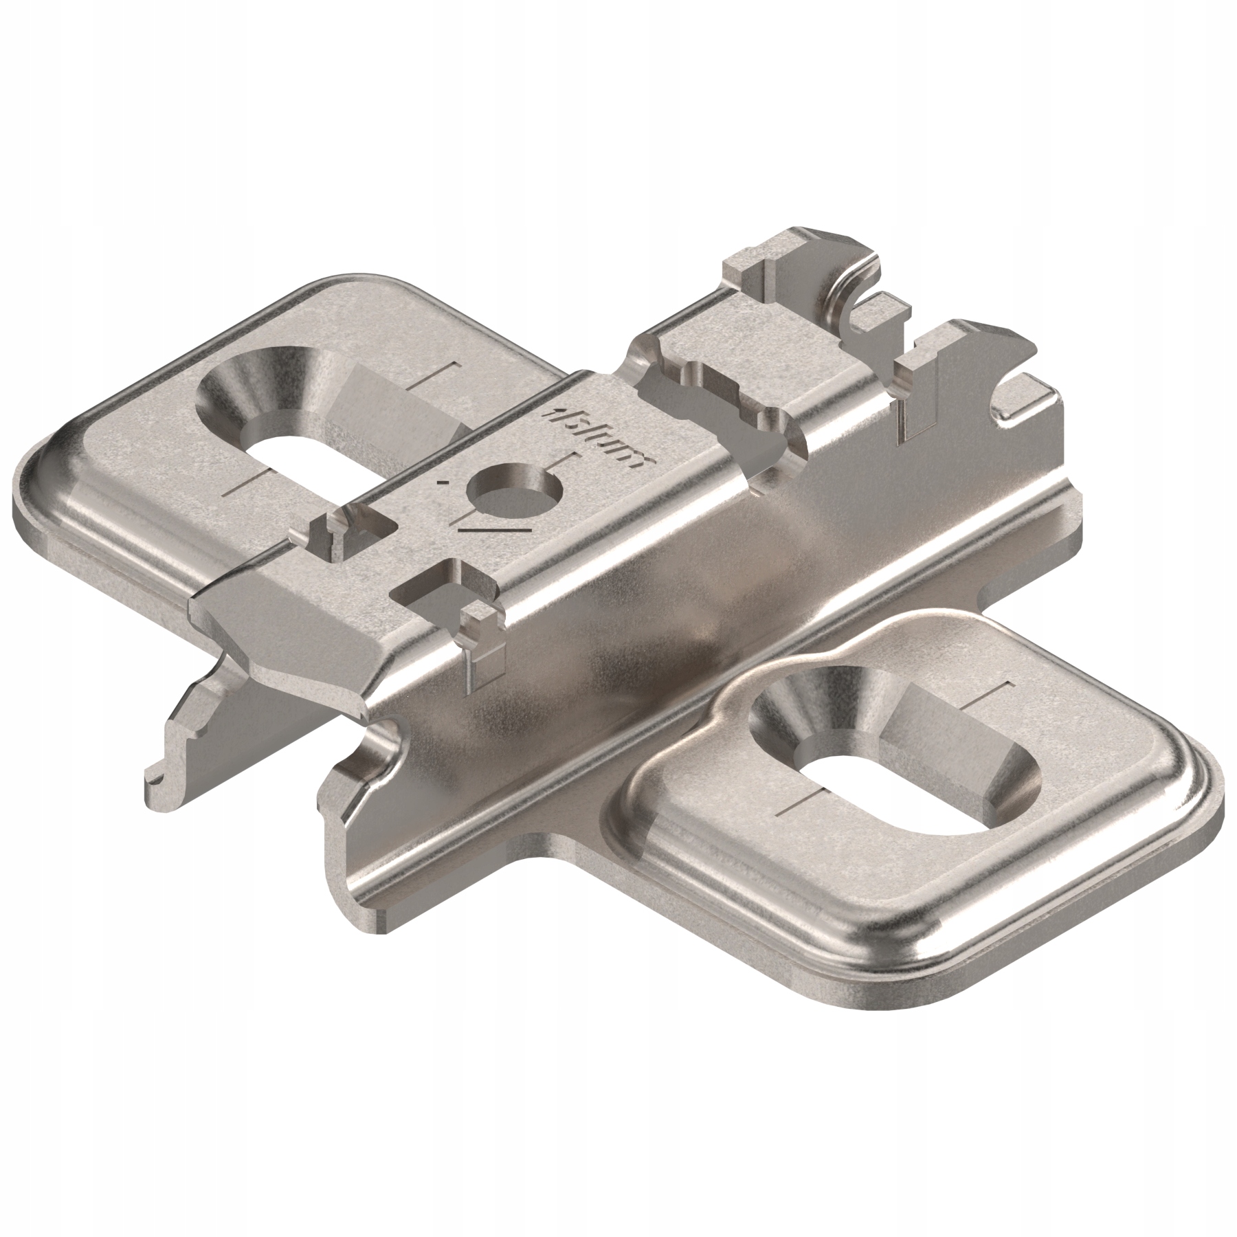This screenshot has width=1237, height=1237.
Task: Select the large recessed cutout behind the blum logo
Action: (x=715, y=405)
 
